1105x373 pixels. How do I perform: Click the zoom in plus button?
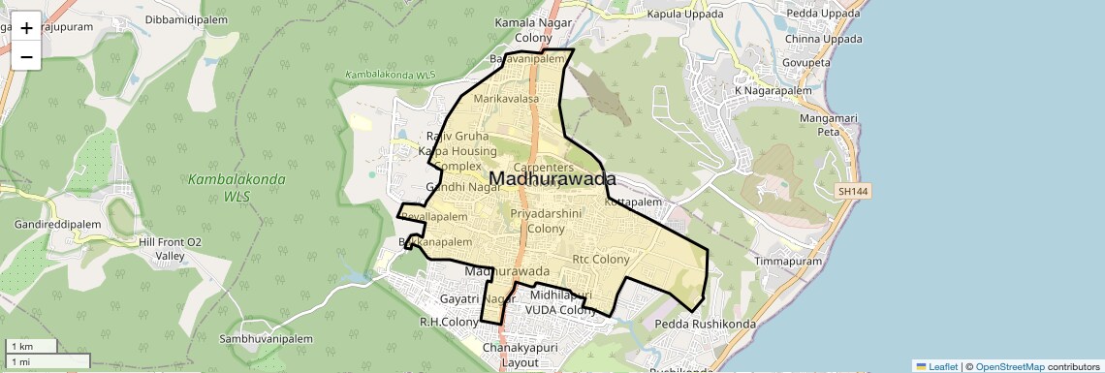[26, 27]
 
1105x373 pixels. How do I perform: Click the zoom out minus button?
[26, 56]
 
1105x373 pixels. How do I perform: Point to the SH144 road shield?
[853, 193]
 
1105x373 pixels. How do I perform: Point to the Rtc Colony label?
[601, 259]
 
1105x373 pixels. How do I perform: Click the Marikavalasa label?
[505, 99]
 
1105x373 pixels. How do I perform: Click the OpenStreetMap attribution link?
[1009, 366]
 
